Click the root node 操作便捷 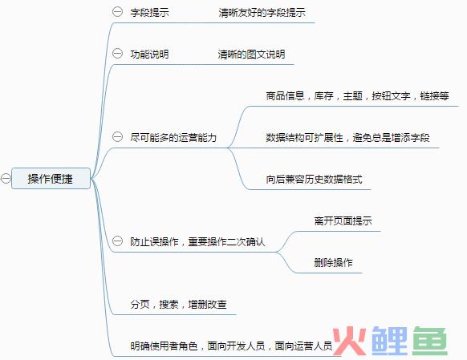(51, 178)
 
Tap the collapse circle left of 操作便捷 (6, 178)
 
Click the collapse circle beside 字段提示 (117, 12)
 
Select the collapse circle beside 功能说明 (117, 54)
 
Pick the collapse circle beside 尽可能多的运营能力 (117, 137)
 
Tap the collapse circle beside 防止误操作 (117, 241)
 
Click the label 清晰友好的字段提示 (262, 13)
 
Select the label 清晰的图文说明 (251, 55)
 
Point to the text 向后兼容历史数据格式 (314, 179)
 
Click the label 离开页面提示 (343, 220)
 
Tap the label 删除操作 (333, 262)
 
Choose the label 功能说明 (149, 55)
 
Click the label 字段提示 (149, 13)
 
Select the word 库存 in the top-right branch (323, 95)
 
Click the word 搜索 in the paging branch (169, 304)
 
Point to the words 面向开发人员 (236, 346)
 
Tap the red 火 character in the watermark (349, 341)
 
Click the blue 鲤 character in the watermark (389, 341)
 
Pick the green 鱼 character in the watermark (430, 341)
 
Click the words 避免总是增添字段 (391, 137)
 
